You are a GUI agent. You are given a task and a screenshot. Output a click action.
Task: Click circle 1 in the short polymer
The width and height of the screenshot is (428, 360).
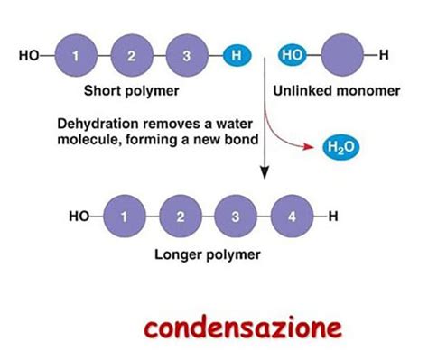click(x=76, y=57)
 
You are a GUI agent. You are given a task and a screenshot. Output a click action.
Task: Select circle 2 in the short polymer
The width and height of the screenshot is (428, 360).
click(x=131, y=57)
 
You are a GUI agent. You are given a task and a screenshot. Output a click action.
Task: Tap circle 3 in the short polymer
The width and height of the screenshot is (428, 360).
click(x=186, y=57)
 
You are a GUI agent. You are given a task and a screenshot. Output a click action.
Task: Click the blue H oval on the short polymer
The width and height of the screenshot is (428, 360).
click(x=236, y=57)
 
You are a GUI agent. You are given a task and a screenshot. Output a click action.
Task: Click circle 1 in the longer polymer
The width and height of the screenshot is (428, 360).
click(x=125, y=217)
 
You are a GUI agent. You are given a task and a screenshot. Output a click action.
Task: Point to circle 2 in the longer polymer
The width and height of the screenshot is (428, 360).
click(x=181, y=217)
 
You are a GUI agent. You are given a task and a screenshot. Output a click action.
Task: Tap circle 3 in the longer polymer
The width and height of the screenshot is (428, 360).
click(x=236, y=217)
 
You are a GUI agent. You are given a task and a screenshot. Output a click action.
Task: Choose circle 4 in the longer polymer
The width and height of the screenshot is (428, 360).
click(x=291, y=217)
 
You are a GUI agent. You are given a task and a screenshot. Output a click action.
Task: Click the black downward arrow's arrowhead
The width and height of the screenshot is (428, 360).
click(x=265, y=170)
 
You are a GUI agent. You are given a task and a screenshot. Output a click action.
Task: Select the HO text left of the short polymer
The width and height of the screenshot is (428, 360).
click(x=29, y=57)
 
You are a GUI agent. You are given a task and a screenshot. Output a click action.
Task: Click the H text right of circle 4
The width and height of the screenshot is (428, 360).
click(x=333, y=217)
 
